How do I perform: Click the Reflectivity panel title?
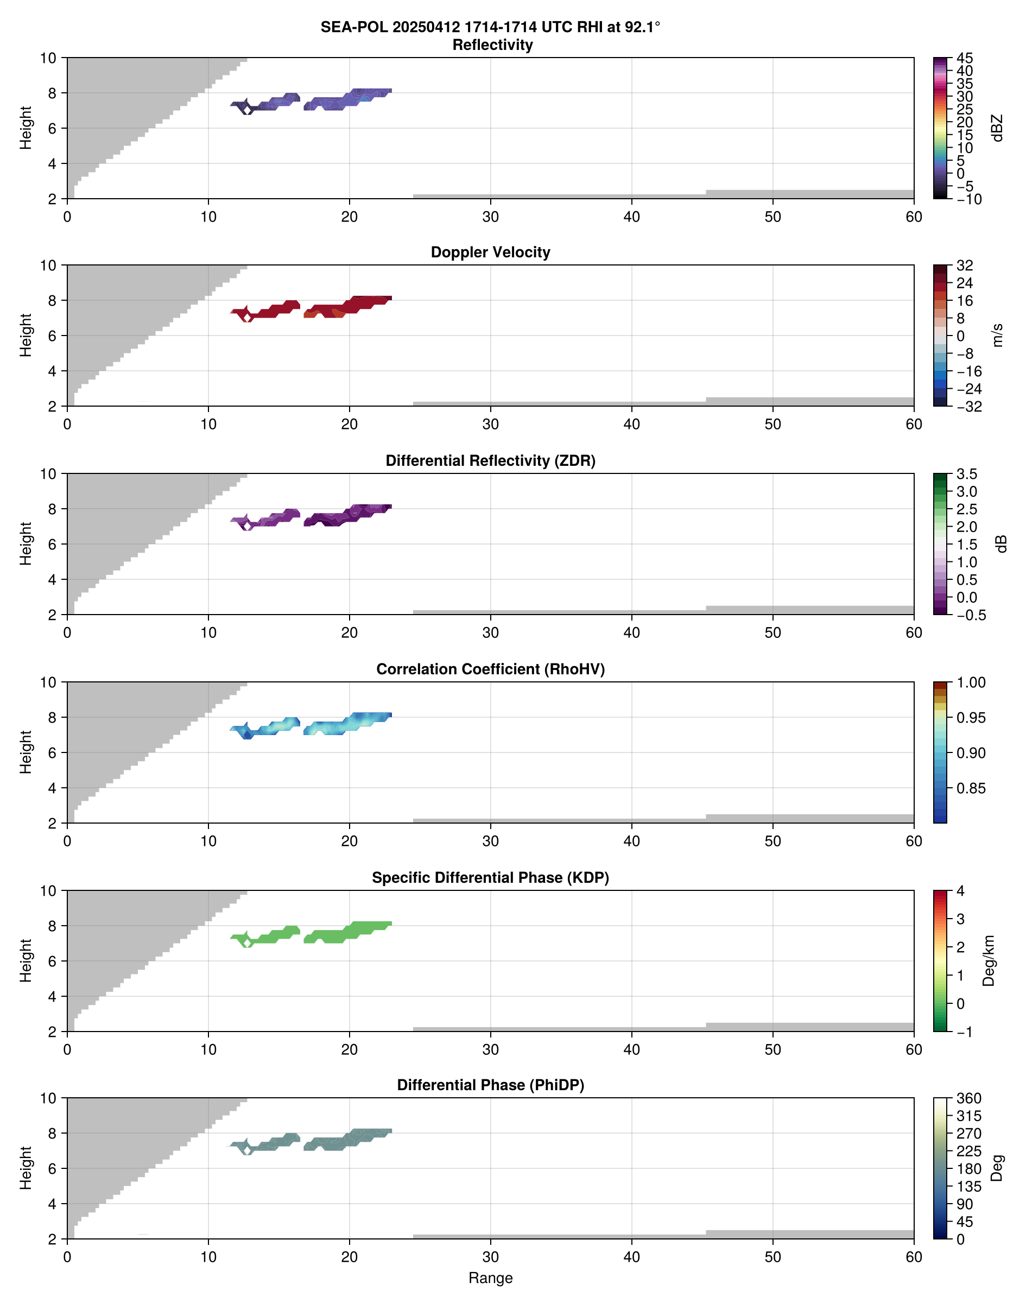[492, 45]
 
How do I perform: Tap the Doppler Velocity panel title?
[490, 252]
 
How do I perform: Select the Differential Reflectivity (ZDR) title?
[490, 461]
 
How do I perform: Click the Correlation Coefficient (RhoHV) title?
[490, 669]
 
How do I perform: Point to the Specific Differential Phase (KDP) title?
[490, 878]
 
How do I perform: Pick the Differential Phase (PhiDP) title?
[490, 1085]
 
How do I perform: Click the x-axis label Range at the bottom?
[490, 1278]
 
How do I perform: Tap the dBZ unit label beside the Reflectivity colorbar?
[998, 128]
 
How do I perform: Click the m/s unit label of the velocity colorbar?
[998, 335]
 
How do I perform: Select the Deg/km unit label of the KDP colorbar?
[988, 960]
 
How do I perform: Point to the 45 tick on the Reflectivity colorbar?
[965, 58]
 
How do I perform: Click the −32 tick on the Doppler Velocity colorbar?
[969, 407]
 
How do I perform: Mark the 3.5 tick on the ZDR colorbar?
[966, 474]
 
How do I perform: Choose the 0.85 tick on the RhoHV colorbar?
[970, 788]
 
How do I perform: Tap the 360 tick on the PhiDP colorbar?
[969, 1098]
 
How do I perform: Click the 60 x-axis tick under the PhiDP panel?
[914, 1257]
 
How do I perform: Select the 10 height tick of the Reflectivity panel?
[48, 58]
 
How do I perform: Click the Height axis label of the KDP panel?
[25, 960]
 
